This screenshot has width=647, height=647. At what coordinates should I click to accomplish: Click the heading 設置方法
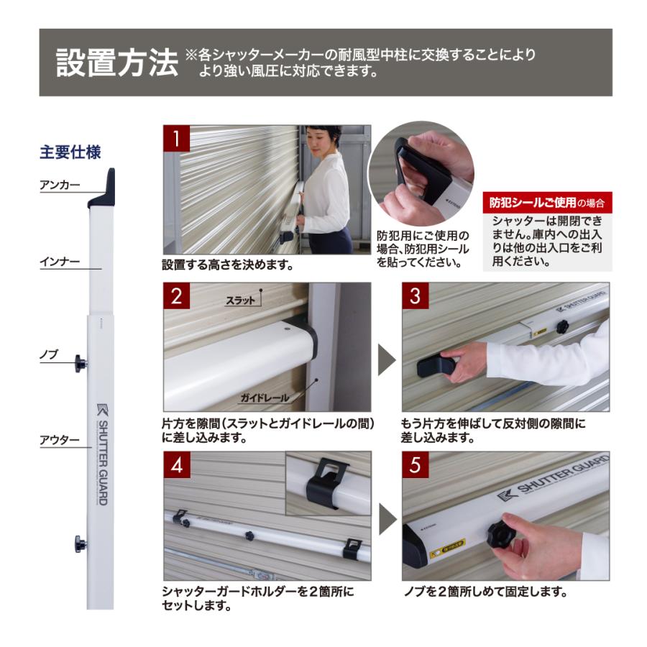117,63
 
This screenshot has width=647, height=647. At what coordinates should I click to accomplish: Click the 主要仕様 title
70,152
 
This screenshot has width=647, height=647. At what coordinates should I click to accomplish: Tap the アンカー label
59,185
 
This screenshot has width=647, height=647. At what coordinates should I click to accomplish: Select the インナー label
59,263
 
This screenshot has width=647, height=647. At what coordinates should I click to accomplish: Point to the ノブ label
48,355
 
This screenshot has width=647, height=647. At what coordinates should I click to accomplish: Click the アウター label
59,440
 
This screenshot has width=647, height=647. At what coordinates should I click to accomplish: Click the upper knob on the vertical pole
80,364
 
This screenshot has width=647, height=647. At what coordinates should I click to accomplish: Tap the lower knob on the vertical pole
80,543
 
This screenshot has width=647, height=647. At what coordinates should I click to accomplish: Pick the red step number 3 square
415,295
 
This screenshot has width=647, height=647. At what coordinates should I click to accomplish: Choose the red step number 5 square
415,465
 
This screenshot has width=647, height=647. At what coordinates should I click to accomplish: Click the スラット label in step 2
240,300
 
